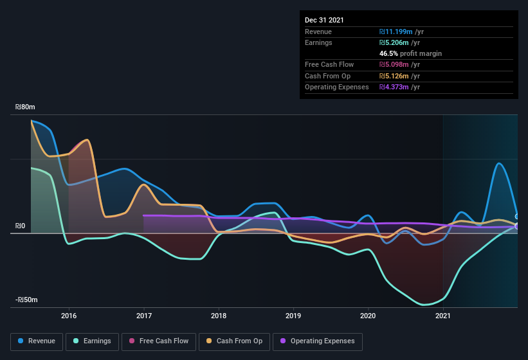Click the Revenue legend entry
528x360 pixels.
point(37,341)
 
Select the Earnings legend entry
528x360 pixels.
point(93,341)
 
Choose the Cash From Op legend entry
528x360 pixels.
point(233,341)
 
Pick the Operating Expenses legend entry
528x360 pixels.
point(318,341)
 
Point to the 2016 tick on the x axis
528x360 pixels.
point(69,316)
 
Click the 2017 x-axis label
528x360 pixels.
point(143,316)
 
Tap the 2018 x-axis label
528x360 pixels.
point(219,316)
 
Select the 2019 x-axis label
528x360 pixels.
point(293,316)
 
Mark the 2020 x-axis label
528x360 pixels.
point(368,316)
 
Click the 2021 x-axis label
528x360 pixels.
point(442,316)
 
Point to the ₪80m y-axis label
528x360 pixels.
point(26,107)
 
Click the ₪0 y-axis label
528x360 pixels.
point(21,226)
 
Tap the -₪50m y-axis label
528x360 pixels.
point(27,300)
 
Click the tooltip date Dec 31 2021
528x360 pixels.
point(324,20)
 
